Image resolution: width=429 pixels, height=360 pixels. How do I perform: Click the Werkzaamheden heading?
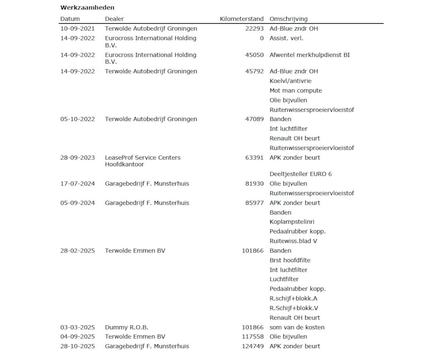click(x=87, y=7)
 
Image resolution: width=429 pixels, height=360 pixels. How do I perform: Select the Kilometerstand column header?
click(x=241, y=19)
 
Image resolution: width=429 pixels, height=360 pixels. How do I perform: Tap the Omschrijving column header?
click(x=288, y=19)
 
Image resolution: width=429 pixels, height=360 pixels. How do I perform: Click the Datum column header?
click(x=70, y=19)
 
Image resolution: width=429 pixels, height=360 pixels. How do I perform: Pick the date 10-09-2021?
click(x=77, y=28)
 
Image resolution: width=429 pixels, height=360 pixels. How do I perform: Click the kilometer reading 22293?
click(x=254, y=28)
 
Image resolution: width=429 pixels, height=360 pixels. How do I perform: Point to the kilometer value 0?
click(x=262, y=38)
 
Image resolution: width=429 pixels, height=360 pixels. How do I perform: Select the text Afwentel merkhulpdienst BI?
click(x=309, y=55)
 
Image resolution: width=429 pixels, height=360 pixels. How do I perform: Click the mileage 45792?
click(x=254, y=71)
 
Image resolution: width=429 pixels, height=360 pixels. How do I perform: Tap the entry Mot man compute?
click(x=296, y=91)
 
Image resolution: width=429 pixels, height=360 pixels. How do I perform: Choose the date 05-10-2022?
click(x=77, y=119)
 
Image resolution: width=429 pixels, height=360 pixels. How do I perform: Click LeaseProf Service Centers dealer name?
click(x=142, y=158)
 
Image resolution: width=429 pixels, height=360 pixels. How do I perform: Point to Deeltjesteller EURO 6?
click(x=300, y=174)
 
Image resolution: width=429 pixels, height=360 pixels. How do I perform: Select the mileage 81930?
click(x=254, y=183)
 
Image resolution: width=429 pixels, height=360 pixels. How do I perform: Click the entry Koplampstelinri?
click(x=292, y=222)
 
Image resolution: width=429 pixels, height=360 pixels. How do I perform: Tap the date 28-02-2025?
click(x=77, y=250)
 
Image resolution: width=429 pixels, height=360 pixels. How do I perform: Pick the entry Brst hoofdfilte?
click(x=290, y=260)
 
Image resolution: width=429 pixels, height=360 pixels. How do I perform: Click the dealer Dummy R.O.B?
click(x=126, y=327)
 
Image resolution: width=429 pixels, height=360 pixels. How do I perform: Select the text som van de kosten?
click(x=297, y=327)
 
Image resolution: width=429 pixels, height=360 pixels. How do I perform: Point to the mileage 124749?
click(x=253, y=346)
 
